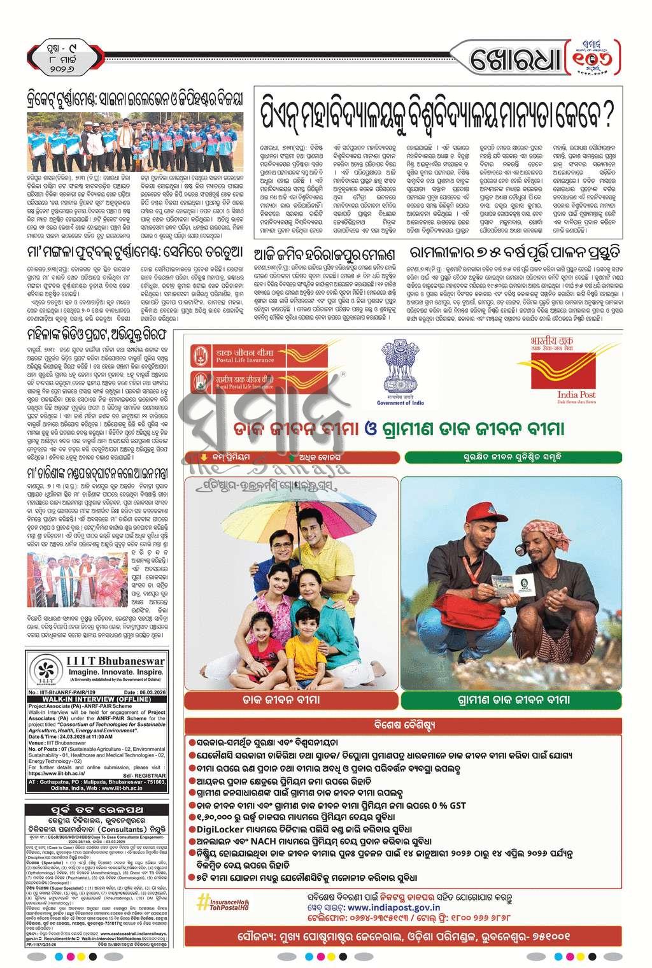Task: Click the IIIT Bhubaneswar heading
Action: [x=115, y=661]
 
